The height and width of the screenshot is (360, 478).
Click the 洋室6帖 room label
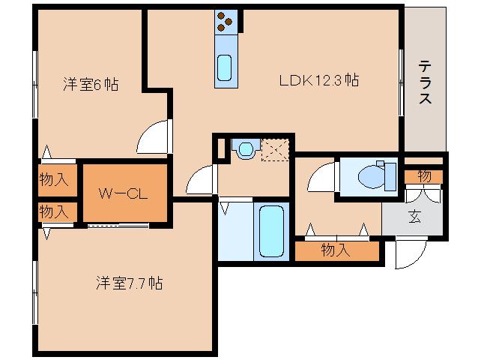click(x=90, y=85)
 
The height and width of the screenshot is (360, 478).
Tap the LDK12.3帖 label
click(x=318, y=79)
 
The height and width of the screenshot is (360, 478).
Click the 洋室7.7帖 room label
click(x=129, y=283)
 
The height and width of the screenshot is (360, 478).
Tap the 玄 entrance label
click(x=414, y=217)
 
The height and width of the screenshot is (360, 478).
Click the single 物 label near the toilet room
click(x=424, y=176)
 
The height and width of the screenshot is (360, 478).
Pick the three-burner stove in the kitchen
click(x=225, y=22)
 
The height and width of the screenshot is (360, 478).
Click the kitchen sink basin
click(x=225, y=67)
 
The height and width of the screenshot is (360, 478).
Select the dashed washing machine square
click(x=274, y=149)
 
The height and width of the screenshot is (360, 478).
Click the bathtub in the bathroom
click(x=273, y=229)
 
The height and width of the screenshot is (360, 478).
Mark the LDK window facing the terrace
click(x=402, y=82)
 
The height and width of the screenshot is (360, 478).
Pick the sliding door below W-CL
click(x=118, y=226)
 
